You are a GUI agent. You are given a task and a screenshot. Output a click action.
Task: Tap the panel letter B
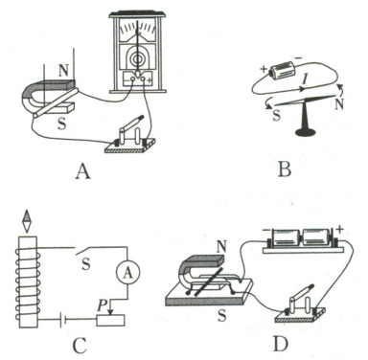285,169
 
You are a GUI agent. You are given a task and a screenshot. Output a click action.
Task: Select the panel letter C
80,345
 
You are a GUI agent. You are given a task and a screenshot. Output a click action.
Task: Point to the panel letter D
281,344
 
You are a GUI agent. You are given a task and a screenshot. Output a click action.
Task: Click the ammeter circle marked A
127,273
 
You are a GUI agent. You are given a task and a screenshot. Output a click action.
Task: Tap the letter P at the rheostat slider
103,305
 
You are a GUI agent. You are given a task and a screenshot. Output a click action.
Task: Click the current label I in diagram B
305,79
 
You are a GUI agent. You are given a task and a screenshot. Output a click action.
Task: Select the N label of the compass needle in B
339,104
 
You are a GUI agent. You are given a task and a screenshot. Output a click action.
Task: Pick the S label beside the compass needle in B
276,115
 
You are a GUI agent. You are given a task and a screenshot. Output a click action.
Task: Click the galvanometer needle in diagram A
138,49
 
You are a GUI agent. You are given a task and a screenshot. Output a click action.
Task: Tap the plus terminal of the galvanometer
149,80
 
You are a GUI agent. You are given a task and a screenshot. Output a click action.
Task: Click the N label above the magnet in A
63,71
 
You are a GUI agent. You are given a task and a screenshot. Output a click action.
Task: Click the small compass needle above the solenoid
28,221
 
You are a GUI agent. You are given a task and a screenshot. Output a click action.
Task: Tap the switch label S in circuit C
85,264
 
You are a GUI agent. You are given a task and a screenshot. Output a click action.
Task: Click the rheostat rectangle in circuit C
110,320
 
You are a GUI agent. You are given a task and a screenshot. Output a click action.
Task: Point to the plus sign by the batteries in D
340,229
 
